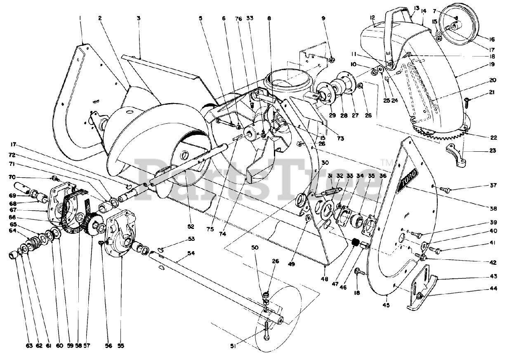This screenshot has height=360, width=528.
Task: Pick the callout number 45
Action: [387, 305]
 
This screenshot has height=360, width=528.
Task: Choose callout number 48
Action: [325, 279]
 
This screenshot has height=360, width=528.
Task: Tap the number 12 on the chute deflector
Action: [372, 17]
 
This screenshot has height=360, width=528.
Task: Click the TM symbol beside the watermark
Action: [384, 162]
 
